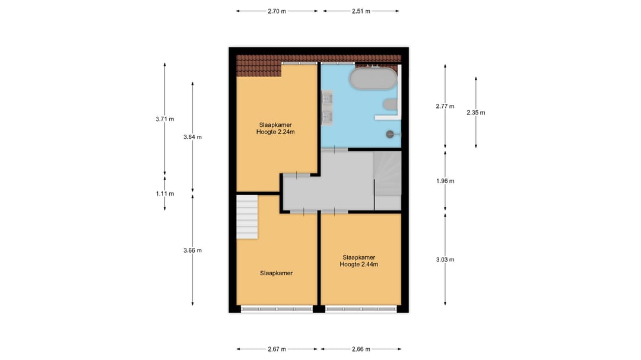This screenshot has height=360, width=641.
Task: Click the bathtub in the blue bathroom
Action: coord(372,79)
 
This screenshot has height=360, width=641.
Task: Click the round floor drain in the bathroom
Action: coord(390,133)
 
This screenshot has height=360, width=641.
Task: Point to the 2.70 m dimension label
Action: coord(277,11)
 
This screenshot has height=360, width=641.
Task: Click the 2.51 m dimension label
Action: coord(361,11)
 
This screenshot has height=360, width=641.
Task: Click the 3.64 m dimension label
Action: coord(192,137)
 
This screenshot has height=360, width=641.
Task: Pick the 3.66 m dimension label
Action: coord(192,250)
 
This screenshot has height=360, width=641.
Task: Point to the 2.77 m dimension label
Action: coord(445,106)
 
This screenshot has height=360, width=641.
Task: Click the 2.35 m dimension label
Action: coord(475,113)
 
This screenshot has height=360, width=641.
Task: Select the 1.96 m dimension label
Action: coord(445,181)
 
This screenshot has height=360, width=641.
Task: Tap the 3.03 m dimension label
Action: coord(445,259)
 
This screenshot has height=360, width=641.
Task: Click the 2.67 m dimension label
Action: coord(277,349)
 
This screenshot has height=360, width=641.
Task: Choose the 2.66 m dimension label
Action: coord(360,349)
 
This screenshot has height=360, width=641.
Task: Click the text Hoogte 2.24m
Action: coord(275,132)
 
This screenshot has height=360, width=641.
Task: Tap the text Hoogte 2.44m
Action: coord(359,265)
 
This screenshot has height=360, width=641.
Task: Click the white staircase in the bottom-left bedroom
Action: coord(247,217)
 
